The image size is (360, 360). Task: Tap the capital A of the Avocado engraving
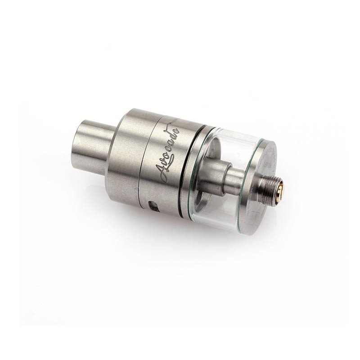[x=161, y=167]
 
